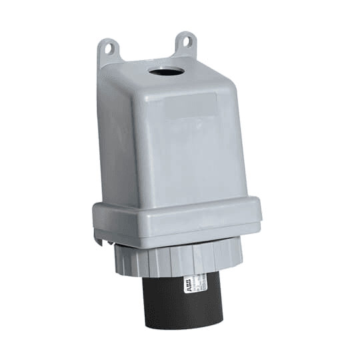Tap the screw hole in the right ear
[187, 41]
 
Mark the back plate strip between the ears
[147, 57]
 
